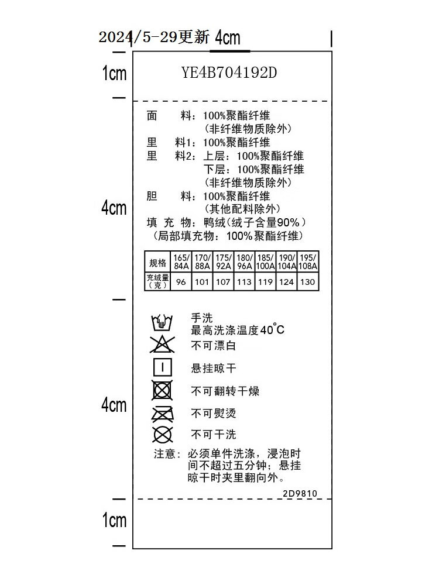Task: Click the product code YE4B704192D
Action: tap(229, 73)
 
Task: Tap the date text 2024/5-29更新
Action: tap(153, 37)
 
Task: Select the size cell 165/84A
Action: tap(181, 261)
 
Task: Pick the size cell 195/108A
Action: tap(307, 261)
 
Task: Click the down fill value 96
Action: tap(181, 282)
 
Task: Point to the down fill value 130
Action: tap(307, 282)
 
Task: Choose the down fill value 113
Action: tap(244, 282)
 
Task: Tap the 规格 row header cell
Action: tap(157, 261)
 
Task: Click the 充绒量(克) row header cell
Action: tap(157, 282)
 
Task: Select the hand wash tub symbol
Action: tap(162, 322)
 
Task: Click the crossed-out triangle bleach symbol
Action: tap(162, 345)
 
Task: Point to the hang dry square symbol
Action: tap(162, 367)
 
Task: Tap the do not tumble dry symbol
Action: tap(162, 390)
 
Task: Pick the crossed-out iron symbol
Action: tap(162, 414)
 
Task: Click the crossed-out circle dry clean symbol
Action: tap(162, 435)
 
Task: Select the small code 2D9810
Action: tap(300, 493)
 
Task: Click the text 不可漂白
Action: tap(214, 346)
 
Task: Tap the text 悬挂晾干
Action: tap(214, 369)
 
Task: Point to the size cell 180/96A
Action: tap(244, 261)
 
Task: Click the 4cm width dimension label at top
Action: tap(228, 38)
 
